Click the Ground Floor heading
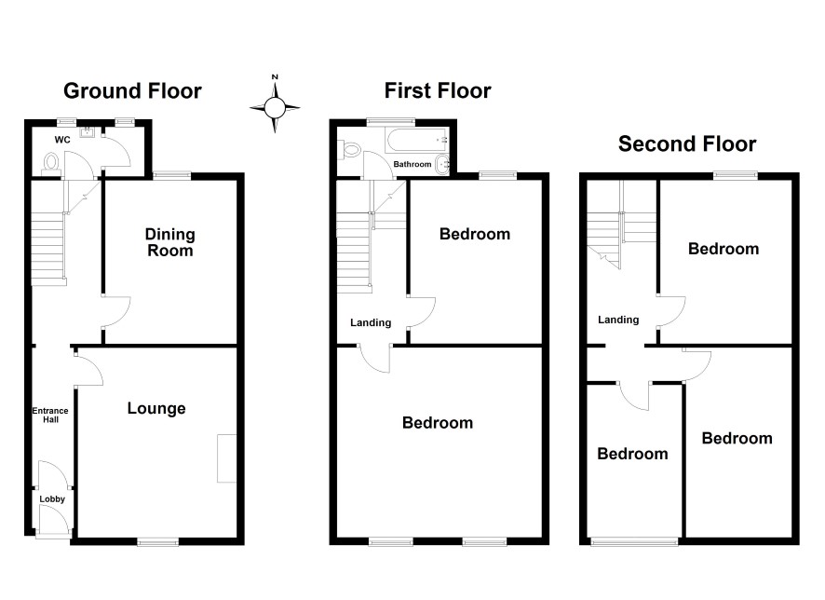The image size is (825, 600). click(x=132, y=91)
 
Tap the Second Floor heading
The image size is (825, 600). click(x=687, y=143)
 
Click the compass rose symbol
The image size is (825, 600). click(x=275, y=108)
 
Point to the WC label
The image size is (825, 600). click(x=62, y=140)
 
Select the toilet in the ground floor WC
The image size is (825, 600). click(x=51, y=162)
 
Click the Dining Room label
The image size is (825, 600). click(x=170, y=242)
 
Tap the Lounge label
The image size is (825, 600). click(x=156, y=408)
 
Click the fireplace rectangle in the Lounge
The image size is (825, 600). click(x=227, y=457)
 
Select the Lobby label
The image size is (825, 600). click(x=52, y=499)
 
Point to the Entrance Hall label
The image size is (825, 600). click(x=50, y=415)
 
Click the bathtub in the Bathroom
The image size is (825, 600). click(x=417, y=140)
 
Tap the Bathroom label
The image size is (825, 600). click(x=412, y=164)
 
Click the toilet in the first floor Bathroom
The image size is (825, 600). click(x=349, y=149)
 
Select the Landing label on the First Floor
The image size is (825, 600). click(x=371, y=322)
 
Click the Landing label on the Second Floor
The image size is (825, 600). click(x=618, y=320)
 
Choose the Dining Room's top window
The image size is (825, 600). click(x=172, y=175)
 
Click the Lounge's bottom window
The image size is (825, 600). click(x=158, y=541)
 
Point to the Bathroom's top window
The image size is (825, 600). click(x=390, y=122)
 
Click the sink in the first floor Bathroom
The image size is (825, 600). click(x=443, y=164)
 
